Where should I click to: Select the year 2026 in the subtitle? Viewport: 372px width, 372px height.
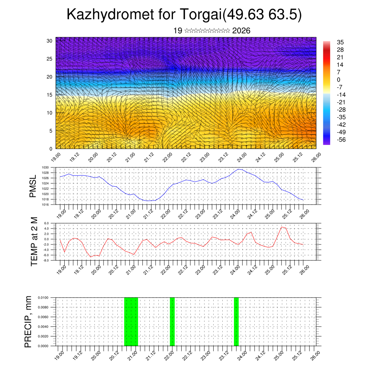tap(241, 31)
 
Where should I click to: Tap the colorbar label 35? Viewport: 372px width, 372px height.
tap(340, 42)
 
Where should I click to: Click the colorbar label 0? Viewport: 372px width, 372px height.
tap(339, 80)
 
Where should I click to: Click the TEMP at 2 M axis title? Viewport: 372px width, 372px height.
tap(34, 241)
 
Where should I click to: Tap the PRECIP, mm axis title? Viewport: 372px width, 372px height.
tap(28, 322)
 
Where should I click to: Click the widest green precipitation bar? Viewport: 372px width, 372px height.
tap(131, 322)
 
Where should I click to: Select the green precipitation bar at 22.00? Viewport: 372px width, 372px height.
tap(172, 322)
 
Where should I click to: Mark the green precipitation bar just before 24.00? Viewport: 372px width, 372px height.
tap(236, 322)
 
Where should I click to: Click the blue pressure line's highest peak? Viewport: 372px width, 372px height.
tap(238, 169)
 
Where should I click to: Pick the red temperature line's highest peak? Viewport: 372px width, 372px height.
tap(282, 227)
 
